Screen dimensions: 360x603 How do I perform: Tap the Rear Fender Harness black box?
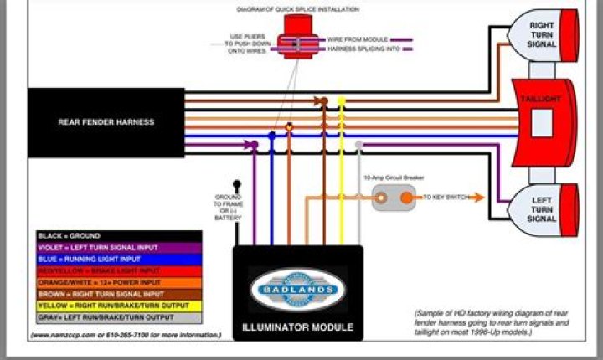[x=106, y=122]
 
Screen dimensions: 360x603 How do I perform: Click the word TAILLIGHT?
[x=539, y=98]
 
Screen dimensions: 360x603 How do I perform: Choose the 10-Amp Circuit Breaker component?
[x=393, y=198]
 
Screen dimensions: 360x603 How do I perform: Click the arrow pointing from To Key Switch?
[x=476, y=198]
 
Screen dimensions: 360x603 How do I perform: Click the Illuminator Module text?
[x=297, y=327]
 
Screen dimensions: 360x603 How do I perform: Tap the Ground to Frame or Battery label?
[x=228, y=207]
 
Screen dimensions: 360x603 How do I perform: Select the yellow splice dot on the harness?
[x=341, y=100]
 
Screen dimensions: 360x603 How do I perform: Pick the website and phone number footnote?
[x=126, y=335]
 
